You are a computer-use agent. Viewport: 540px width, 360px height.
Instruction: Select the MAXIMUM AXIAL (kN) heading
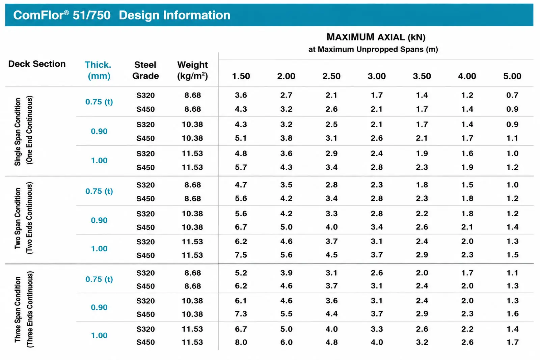pyautogui.click(x=376, y=37)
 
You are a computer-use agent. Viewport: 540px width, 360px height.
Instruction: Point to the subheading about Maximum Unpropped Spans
pyautogui.click(x=373, y=49)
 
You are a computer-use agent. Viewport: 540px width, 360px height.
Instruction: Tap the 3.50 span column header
pyautogui.click(x=422, y=76)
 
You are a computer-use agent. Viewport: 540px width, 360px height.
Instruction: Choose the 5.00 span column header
pyautogui.click(x=512, y=76)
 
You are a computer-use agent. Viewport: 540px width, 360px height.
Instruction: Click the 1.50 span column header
pyautogui.click(x=241, y=76)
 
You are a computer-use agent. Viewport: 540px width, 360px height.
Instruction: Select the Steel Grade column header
pyautogui.click(x=145, y=70)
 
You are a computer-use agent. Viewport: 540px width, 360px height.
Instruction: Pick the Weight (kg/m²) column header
pyautogui.click(x=192, y=70)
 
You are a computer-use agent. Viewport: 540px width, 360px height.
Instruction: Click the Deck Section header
pyautogui.click(x=37, y=64)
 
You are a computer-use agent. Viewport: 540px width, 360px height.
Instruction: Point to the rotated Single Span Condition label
pyautogui.click(x=18, y=132)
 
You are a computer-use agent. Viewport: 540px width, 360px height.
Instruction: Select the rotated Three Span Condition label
pyautogui.click(x=18, y=309)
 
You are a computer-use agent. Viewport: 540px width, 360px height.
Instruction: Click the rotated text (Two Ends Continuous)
pyautogui.click(x=29, y=218)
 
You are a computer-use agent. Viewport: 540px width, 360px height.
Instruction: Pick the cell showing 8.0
pyautogui.click(x=241, y=342)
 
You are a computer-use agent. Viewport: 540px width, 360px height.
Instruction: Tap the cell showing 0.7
pyautogui.click(x=512, y=95)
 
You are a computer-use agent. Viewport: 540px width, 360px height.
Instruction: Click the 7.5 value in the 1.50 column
pyautogui.click(x=241, y=255)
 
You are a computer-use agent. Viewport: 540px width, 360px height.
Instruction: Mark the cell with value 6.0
pyautogui.click(x=286, y=342)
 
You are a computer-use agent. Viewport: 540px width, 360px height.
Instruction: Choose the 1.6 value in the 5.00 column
pyautogui.click(x=512, y=314)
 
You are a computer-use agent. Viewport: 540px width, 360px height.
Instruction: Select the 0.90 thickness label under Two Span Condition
pyautogui.click(x=99, y=220)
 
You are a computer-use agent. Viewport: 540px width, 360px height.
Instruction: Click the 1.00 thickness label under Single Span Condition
pyautogui.click(x=99, y=161)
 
